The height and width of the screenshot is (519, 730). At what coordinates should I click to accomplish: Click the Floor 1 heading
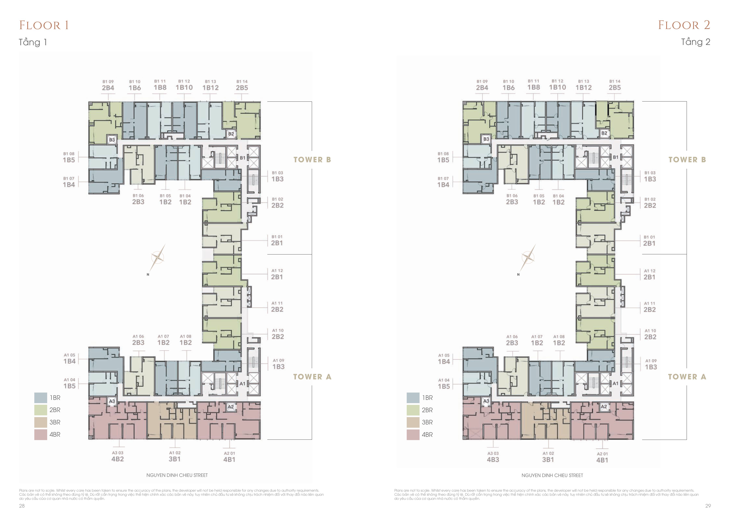tap(44, 25)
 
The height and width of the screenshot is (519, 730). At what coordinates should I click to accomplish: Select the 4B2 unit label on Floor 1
tap(118, 459)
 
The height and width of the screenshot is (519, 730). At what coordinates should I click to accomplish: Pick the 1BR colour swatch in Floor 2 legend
tap(413, 398)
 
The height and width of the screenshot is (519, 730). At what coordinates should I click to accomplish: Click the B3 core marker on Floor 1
tap(112, 140)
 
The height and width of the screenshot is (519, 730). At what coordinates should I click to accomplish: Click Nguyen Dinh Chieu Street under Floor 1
tap(177, 475)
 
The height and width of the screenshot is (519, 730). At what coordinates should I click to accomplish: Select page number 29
tap(708, 506)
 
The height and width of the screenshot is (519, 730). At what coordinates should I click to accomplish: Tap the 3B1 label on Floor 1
tap(175, 459)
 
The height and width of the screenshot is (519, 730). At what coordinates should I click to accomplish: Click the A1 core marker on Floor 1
tap(242, 383)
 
